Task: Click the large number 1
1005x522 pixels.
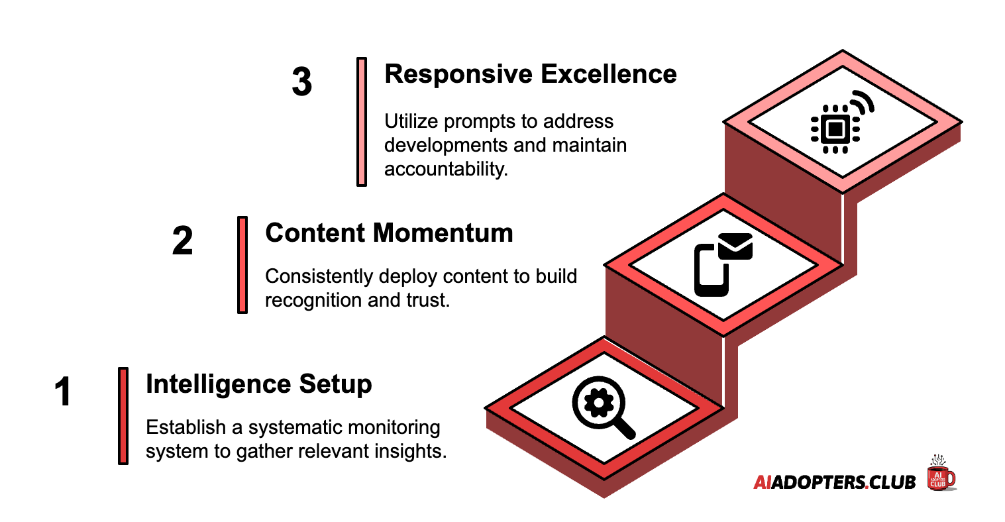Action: pos(63,391)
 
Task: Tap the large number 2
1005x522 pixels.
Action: pos(182,240)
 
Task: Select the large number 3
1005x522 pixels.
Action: pos(301,82)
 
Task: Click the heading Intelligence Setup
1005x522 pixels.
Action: pos(258,384)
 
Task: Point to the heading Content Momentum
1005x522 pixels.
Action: pos(389,233)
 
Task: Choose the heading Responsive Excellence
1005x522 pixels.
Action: pos(530,74)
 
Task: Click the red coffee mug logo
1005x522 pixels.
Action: pos(941,474)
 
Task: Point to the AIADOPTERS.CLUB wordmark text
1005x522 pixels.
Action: pos(834,482)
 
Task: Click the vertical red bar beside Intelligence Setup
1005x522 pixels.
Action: pos(123,415)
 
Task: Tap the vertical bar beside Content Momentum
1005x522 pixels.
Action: pos(242,264)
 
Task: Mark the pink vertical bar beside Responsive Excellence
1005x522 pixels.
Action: pos(362,121)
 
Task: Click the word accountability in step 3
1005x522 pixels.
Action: pos(445,169)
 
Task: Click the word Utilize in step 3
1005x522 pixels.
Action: pos(411,121)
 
